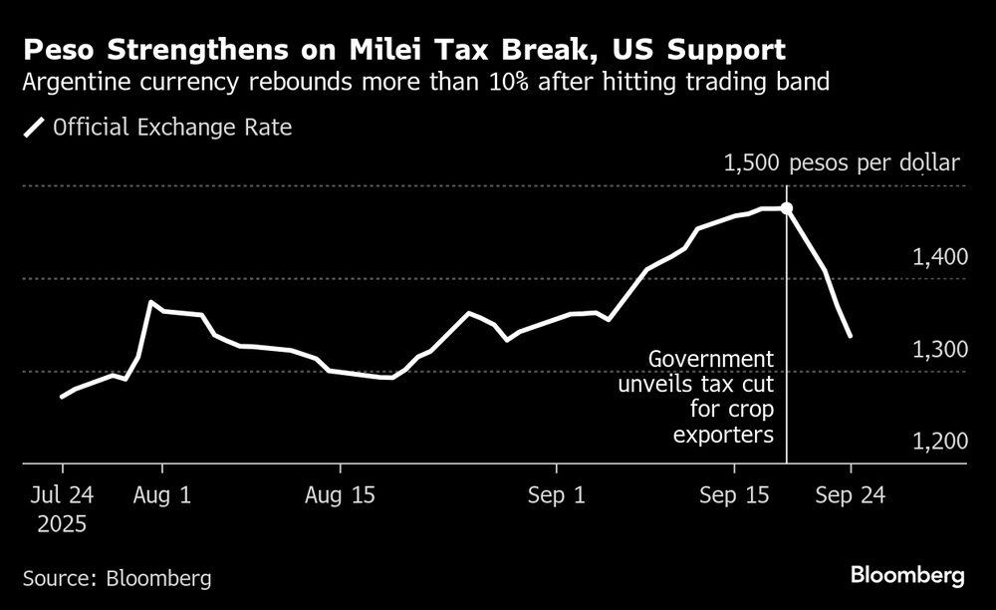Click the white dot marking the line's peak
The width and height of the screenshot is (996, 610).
pos(787,208)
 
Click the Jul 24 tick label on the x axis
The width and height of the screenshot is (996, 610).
pos(62,495)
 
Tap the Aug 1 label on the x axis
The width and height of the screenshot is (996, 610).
pos(161,495)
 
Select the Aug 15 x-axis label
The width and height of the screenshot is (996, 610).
pos(341,495)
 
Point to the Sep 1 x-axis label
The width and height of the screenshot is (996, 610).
pos(556,495)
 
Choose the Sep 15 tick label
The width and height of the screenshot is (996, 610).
pos(735,495)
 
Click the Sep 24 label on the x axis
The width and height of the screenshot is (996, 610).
pos(851,495)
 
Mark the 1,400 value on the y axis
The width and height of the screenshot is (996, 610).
pos(939,258)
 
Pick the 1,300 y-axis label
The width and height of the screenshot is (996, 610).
pos(939,350)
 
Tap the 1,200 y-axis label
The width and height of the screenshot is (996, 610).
pos(939,442)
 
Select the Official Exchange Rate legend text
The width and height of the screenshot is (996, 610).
pos(172,128)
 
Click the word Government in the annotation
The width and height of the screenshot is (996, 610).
pos(710,359)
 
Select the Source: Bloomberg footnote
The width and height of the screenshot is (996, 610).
pos(118,577)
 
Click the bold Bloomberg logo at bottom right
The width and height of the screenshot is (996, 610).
pos(907,576)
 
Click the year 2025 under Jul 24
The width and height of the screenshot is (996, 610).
pos(62,523)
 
